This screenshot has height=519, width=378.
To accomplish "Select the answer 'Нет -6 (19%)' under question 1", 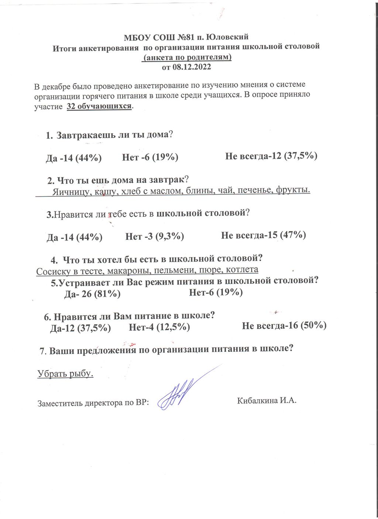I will [150, 158].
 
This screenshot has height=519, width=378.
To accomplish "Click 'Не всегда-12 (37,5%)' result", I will [271, 156].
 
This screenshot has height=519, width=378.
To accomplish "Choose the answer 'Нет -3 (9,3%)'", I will [155, 236].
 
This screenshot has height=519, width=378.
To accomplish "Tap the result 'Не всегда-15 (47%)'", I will [264, 235].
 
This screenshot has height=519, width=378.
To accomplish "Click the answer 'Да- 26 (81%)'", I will [92, 294].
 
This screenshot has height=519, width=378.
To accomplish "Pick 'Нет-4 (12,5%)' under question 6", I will [159, 327].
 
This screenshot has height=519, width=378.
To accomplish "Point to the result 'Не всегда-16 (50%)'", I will [284, 326].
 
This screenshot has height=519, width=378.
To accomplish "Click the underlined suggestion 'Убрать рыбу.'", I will [65, 374].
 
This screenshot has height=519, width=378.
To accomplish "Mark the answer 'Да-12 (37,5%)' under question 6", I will [80, 328].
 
